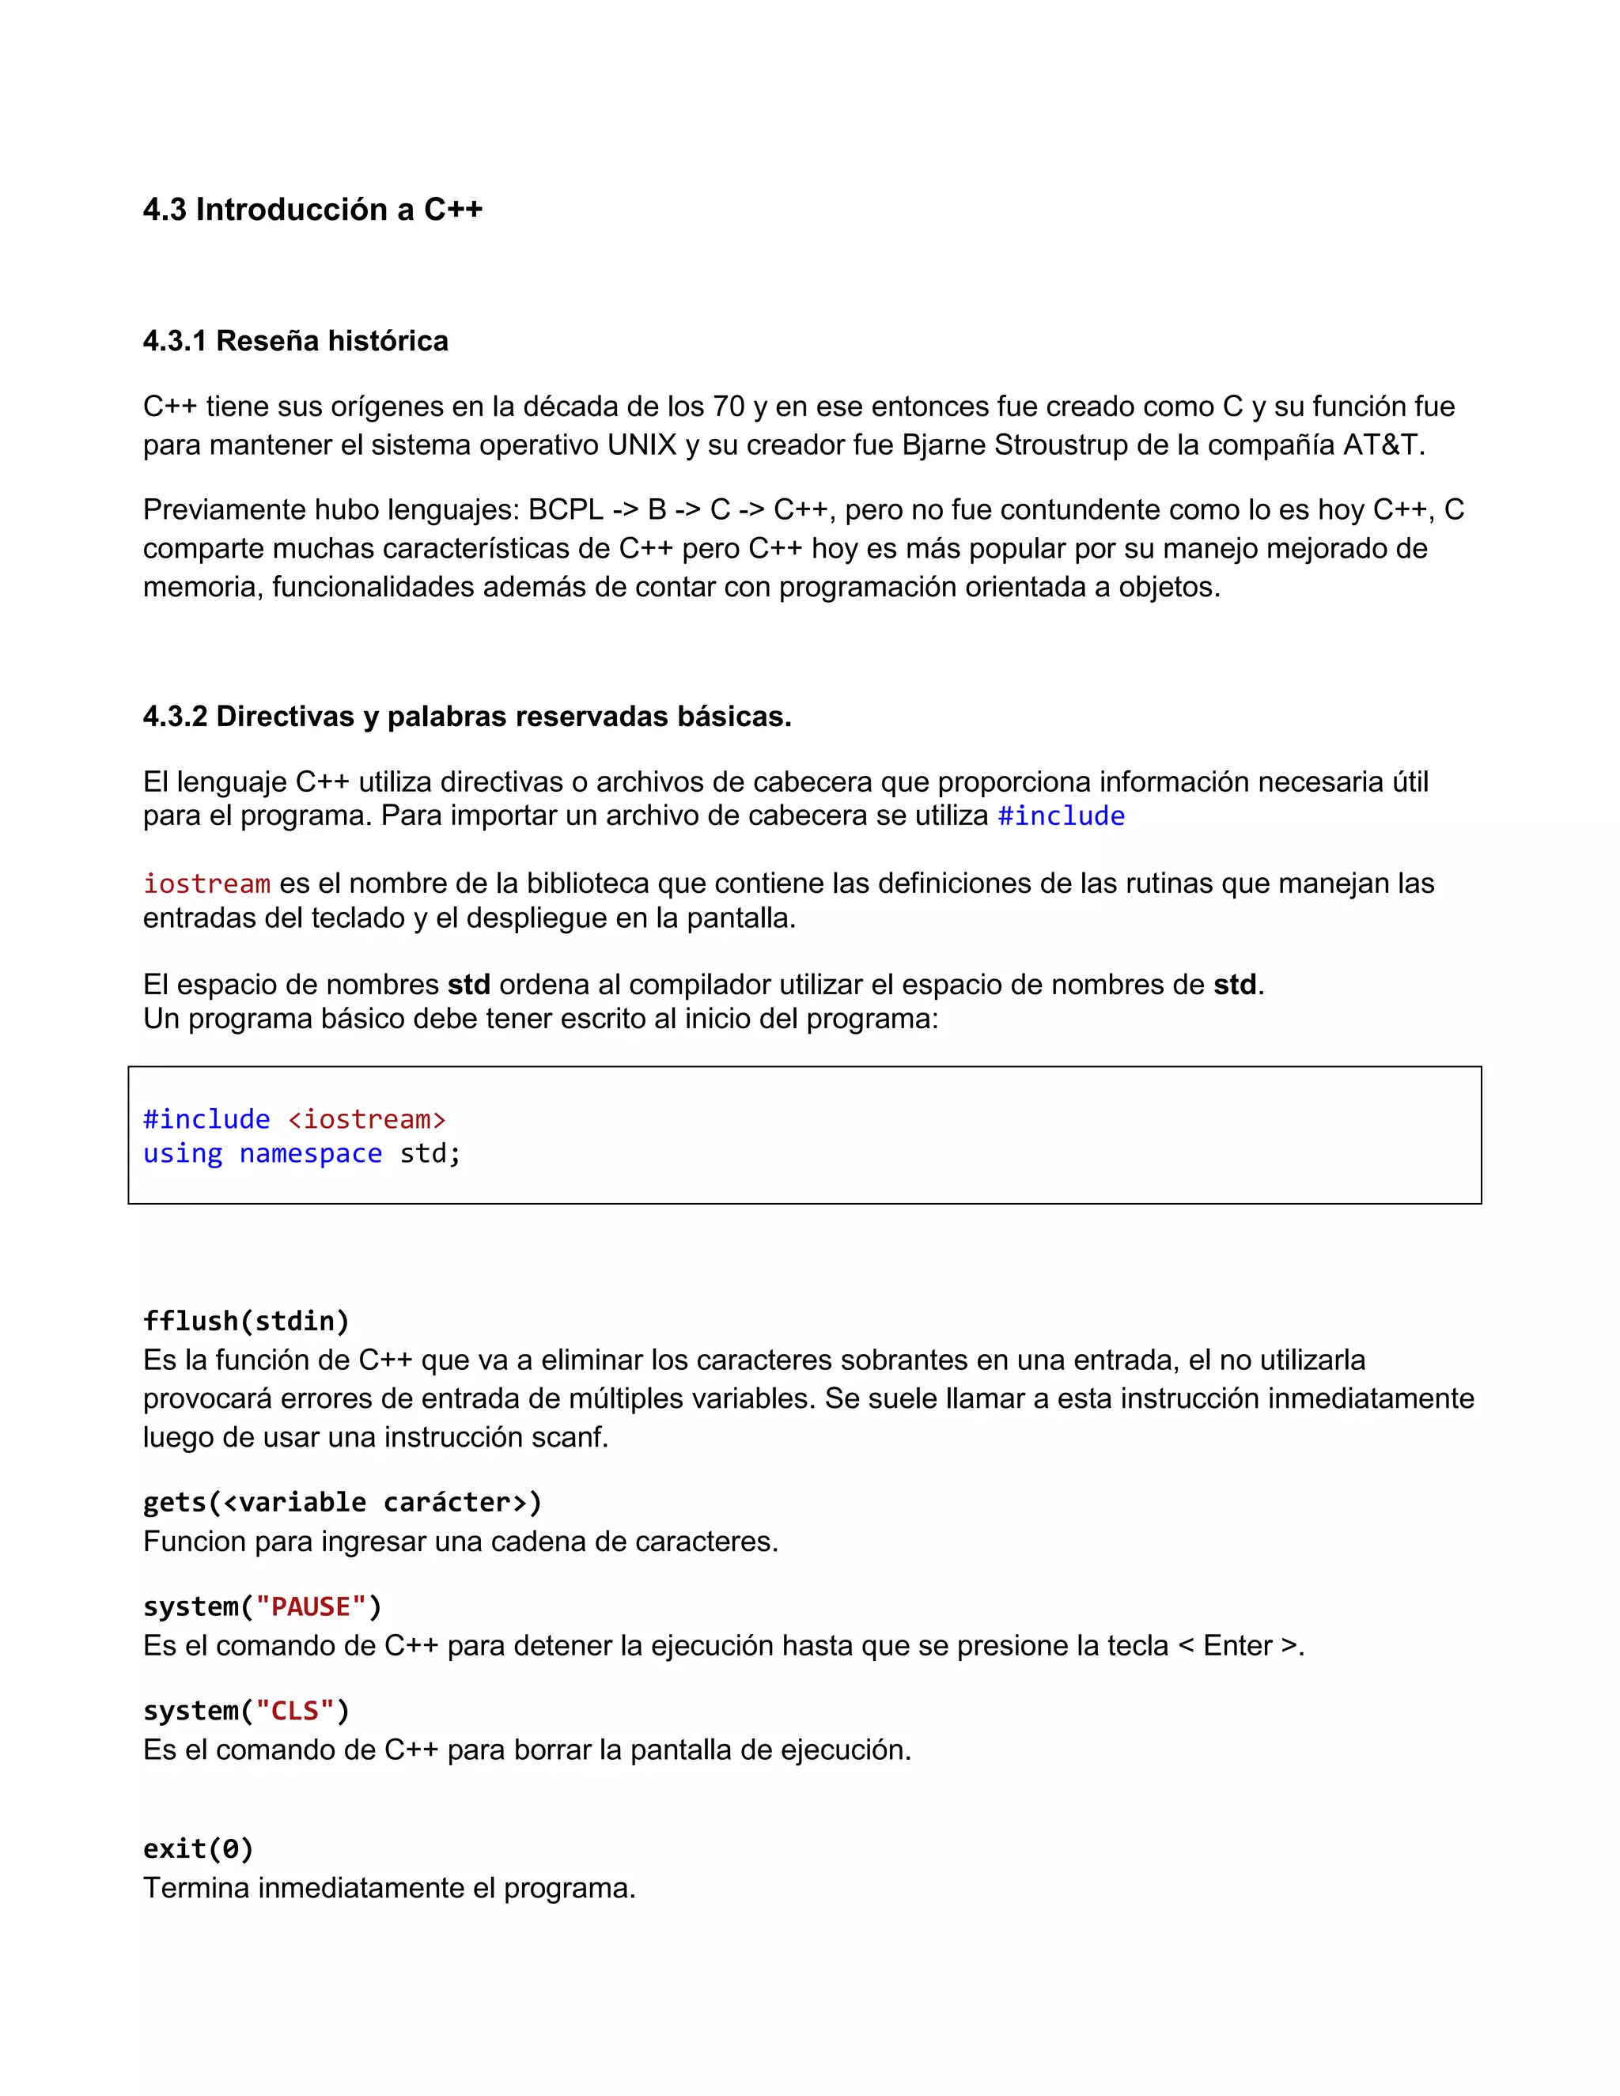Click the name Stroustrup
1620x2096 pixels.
tap(1062, 445)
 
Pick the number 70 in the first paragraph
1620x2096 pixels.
tap(729, 407)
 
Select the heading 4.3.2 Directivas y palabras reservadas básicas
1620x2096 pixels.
tap(467, 716)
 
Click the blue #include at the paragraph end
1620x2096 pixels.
tap(1061, 815)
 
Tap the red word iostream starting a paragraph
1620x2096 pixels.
tap(206, 884)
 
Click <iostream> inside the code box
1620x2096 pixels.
tap(366, 1119)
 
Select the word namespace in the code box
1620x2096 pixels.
tap(310, 1153)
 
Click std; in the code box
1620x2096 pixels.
tap(430, 1153)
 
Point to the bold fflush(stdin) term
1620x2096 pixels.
tap(246, 1322)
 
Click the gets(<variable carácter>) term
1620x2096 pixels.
tap(342, 1502)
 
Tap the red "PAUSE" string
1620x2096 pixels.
tap(311, 1606)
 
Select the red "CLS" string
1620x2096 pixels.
tap(294, 1711)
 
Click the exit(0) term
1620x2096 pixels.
tap(198, 1849)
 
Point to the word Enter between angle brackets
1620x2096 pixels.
tap(1237, 1646)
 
